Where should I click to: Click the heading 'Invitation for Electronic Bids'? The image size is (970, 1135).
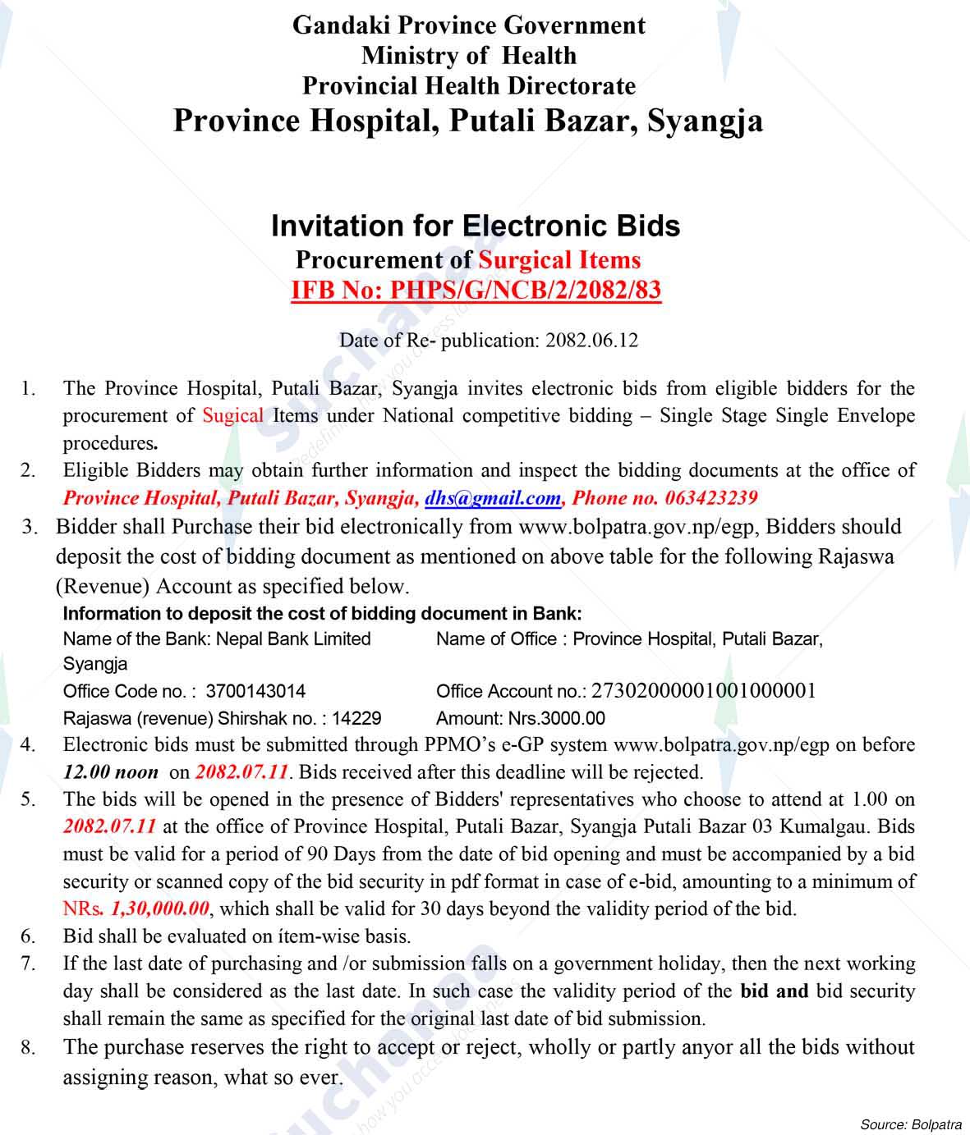(476, 226)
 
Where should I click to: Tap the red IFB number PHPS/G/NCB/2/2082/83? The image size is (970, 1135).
(476, 291)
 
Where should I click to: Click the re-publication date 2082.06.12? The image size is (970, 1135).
(591, 341)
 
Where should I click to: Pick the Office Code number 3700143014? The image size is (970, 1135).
(255, 692)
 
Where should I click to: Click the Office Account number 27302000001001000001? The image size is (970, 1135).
(703, 691)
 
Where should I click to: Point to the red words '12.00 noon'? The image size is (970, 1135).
(111, 772)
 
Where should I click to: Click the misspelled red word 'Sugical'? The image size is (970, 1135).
(233, 415)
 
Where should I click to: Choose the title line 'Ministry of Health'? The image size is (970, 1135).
(469, 56)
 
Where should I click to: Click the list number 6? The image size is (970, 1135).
(29, 936)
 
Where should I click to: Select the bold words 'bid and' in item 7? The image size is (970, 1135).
(775, 991)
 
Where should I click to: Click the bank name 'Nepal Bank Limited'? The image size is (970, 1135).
(293, 638)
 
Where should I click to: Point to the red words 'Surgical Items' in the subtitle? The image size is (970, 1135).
(559, 260)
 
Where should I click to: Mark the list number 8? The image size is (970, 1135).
(29, 1048)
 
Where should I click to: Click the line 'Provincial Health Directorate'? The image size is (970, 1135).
(469, 86)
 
